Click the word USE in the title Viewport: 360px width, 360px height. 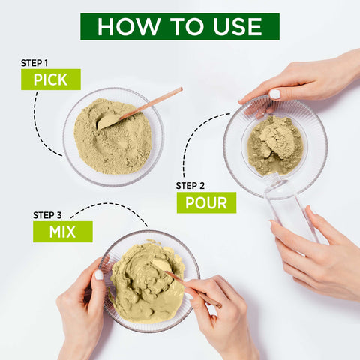click(237, 26)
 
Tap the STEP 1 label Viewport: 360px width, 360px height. click(34, 63)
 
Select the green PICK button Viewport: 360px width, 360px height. click(51, 79)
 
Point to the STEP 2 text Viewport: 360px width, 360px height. click(190, 186)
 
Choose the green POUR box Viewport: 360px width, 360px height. click(206, 202)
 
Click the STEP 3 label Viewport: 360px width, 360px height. click(47, 215)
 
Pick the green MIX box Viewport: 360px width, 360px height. click(63, 232)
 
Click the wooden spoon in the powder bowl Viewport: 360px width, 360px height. click(139, 109)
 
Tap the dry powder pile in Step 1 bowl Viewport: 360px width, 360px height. click(113, 136)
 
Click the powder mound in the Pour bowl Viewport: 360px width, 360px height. click(275, 145)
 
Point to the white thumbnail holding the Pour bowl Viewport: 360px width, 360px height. click(274, 94)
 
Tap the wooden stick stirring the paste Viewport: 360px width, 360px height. click(193, 289)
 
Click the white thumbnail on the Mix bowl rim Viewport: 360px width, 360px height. click(99, 274)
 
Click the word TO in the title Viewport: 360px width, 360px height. click(187, 26)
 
